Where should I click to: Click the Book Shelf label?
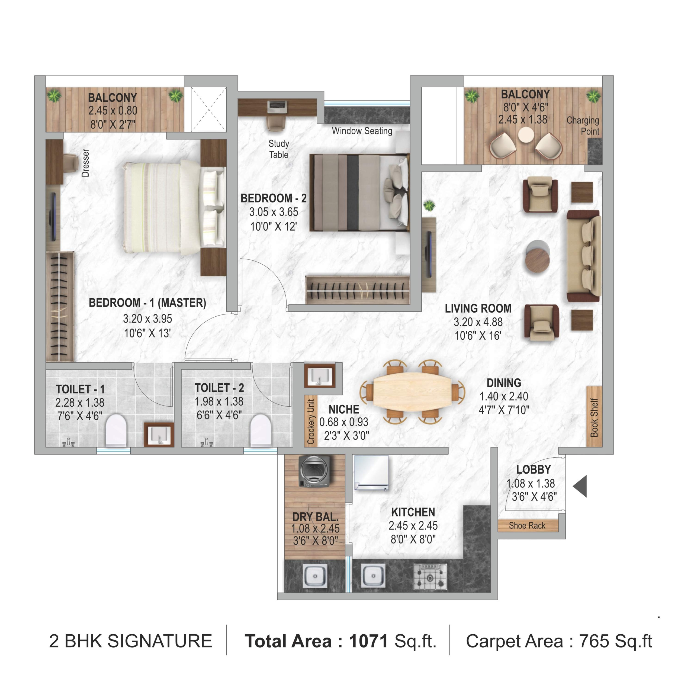pos(594,417)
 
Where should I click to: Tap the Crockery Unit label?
pos(311,421)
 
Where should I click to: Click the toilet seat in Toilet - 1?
pos(116,430)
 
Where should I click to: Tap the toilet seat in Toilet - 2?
pos(261,430)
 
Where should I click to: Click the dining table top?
pos(413,391)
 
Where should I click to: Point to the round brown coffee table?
pos(537,261)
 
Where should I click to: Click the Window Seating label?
pos(362,131)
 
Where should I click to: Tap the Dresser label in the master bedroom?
pos(85,163)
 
